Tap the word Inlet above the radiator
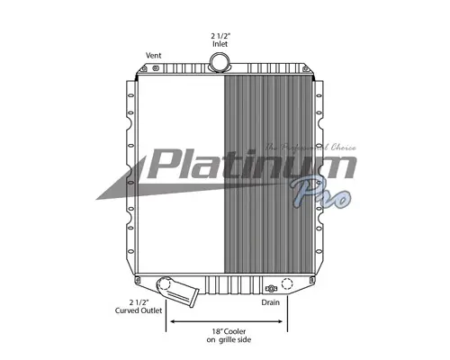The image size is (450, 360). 218,44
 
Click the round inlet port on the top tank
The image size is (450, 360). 218,62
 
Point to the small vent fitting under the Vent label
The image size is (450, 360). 156,68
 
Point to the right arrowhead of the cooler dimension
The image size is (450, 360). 286,322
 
